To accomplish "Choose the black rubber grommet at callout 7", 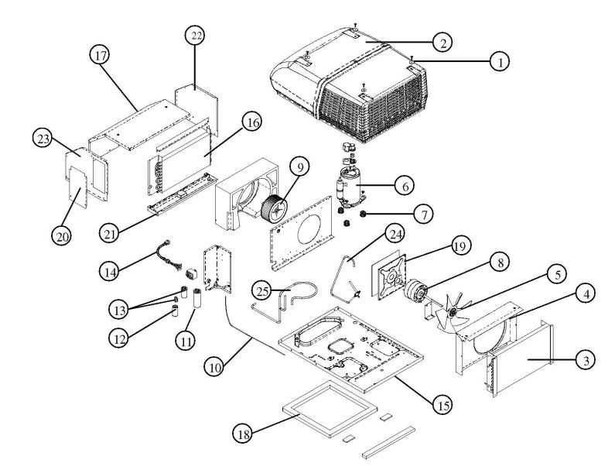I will click(x=360, y=212).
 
